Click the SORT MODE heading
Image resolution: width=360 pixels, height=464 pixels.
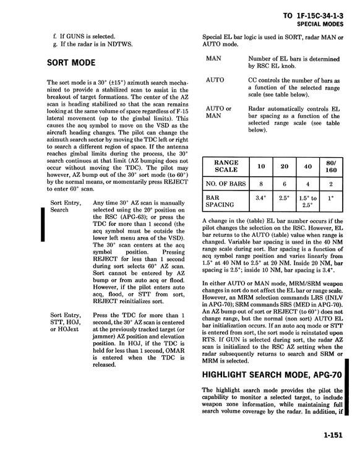point(71,63)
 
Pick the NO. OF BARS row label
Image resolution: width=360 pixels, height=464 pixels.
point(226,184)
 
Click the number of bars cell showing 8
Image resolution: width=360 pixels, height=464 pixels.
point(262,184)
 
